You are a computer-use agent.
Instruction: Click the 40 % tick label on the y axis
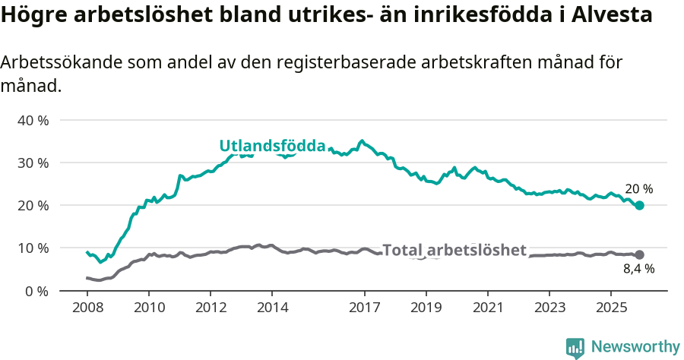tap(33, 120)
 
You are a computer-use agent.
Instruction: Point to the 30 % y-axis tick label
tap(33, 163)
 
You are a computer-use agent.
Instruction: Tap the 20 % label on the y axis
tap(33, 205)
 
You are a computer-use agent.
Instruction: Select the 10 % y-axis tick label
tap(33, 248)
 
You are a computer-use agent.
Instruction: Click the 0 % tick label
tap(36, 291)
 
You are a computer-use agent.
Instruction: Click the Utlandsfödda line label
tap(272, 146)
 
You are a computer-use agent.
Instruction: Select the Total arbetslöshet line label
tap(454, 250)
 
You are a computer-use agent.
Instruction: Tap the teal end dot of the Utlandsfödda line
tap(639, 206)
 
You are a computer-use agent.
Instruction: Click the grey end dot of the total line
tap(639, 254)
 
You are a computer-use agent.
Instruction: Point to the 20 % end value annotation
tap(638, 189)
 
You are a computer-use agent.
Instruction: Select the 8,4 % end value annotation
tap(638, 268)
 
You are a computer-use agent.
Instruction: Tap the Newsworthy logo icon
tap(575, 348)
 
